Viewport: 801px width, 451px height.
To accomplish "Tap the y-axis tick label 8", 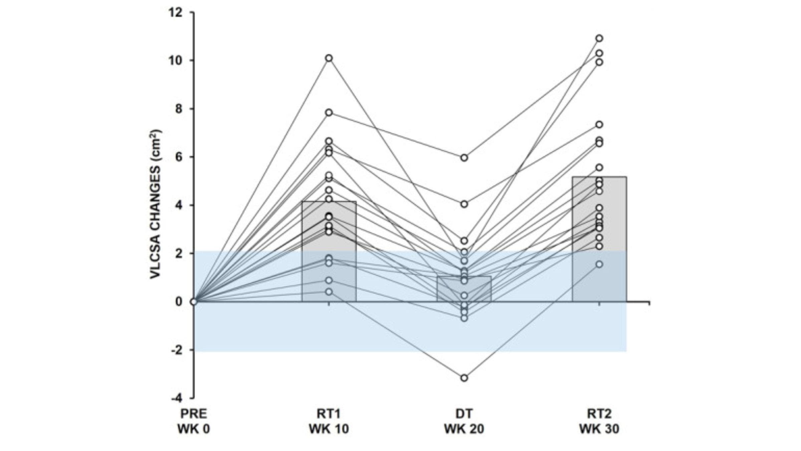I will click(x=179, y=109).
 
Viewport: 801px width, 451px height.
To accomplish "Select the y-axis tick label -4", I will click(x=177, y=398).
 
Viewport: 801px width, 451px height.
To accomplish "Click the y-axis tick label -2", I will click(x=177, y=350).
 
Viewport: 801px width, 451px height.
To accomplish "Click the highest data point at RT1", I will click(x=329, y=58).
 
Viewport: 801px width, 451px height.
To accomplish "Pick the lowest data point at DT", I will click(x=464, y=378).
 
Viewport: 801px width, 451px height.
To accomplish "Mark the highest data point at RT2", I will click(x=599, y=38).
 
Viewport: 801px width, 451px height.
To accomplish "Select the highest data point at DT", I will click(x=464, y=158).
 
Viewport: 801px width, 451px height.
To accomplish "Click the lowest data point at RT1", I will click(x=329, y=292).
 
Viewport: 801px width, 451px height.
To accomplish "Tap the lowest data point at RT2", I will click(x=599, y=264).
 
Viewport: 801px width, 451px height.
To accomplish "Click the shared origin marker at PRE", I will click(x=194, y=302).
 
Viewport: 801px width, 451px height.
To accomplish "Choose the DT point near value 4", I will click(x=464, y=204).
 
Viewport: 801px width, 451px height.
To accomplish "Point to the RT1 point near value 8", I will click(x=329, y=113).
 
